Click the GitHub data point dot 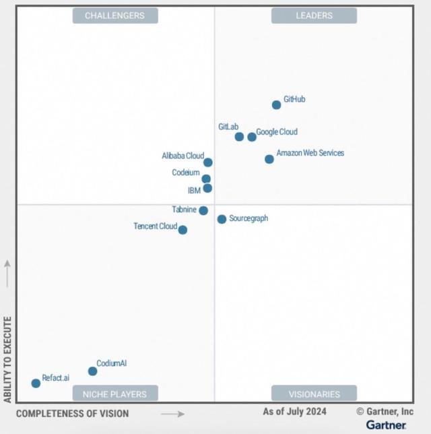point(276,104)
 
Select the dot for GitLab point(239,137)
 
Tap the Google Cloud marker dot point(252,137)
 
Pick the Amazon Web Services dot point(269,159)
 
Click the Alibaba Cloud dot point(208,162)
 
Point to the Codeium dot point(206,179)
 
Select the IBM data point point(207,188)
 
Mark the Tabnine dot point(203,210)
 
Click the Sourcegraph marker point(222,219)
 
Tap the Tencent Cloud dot point(183,230)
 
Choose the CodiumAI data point point(92,371)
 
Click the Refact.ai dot point(36,383)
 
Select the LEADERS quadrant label point(314,15)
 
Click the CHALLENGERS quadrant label point(115,15)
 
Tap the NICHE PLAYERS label point(115,394)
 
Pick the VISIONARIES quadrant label point(314,394)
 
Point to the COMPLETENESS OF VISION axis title point(72,413)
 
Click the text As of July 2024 point(294,411)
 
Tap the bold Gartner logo point(386,425)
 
